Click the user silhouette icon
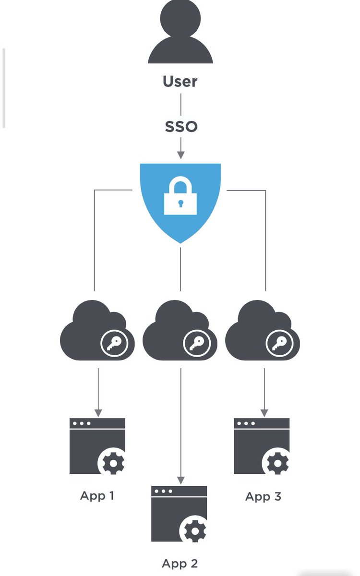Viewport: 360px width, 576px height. [x=180, y=34]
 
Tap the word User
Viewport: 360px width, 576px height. [x=180, y=81]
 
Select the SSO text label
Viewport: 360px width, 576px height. [x=181, y=127]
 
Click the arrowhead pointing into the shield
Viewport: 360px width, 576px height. [x=180, y=155]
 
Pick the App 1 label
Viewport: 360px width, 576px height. [x=97, y=495]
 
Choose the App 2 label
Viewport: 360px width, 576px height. [x=180, y=563]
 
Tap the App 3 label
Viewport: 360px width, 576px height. [x=263, y=496]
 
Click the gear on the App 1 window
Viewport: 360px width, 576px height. [x=114, y=463]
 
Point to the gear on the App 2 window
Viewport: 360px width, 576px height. [x=196, y=530]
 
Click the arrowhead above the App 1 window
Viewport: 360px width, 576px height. [x=98, y=413]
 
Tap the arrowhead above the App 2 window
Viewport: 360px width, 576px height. [x=180, y=480]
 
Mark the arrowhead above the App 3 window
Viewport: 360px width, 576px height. [x=264, y=413]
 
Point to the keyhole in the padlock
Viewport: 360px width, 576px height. [x=180, y=204]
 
